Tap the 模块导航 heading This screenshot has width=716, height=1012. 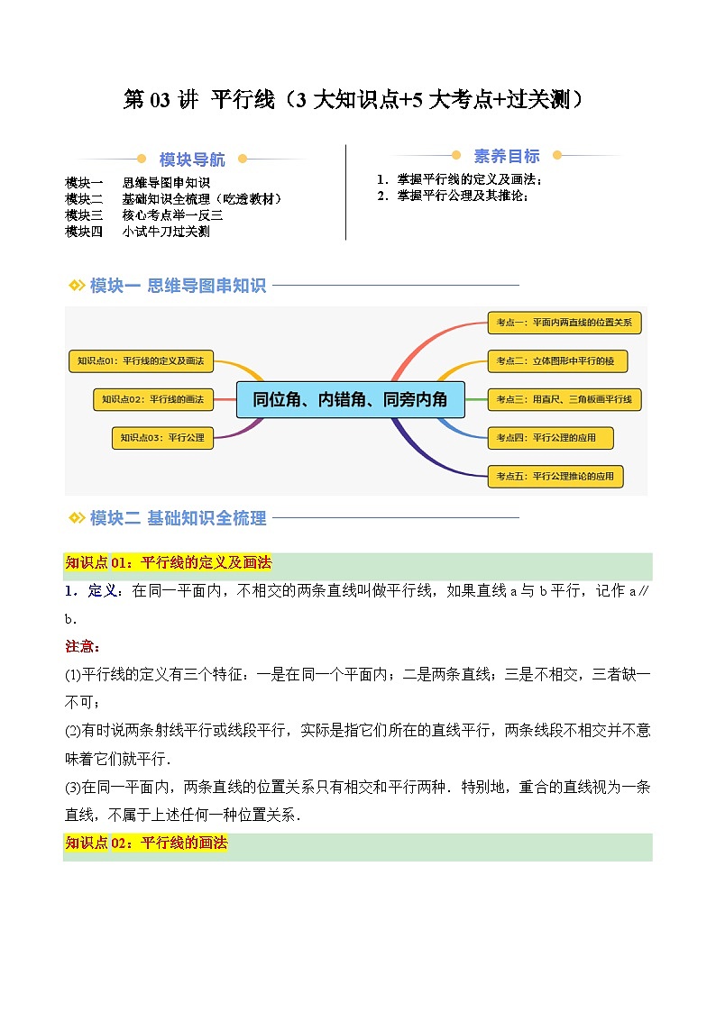click(192, 160)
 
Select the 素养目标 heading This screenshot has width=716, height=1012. click(507, 156)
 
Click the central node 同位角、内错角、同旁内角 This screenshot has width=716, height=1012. click(350, 399)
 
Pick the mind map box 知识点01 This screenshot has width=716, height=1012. click(141, 361)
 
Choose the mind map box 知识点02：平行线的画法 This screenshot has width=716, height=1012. click(152, 398)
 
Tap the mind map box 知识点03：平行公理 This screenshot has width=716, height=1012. click(163, 439)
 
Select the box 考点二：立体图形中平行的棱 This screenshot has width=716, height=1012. click(555, 361)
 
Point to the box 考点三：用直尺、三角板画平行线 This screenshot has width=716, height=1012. click(563, 399)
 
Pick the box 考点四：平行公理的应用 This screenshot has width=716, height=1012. click(550, 439)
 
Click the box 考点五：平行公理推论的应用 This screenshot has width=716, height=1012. click(555, 477)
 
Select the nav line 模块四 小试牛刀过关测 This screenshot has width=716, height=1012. click(138, 232)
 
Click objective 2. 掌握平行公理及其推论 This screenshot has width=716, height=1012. click(453, 195)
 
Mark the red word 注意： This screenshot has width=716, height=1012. click(83, 647)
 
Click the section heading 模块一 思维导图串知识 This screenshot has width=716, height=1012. click(178, 287)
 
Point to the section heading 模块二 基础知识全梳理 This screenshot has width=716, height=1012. click(178, 518)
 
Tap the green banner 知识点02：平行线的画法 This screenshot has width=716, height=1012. click(146, 844)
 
